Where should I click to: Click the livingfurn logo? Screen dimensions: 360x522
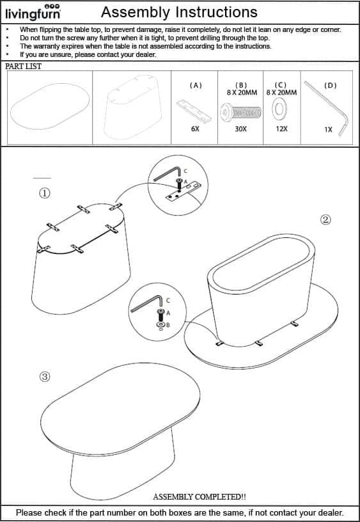click(33, 13)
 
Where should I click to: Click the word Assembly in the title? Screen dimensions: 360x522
click(135, 12)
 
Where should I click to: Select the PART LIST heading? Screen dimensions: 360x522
click(23, 67)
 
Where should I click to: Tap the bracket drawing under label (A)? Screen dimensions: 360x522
click(194, 111)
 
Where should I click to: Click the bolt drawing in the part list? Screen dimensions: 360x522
click(240, 112)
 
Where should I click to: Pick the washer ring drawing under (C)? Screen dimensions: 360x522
click(279, 109)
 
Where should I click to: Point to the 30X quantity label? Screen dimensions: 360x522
click(240, 129)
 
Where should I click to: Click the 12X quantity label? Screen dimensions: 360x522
click(281, 129)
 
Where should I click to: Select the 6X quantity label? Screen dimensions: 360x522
click(195, 129)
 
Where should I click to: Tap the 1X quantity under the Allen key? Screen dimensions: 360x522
click(329, 129)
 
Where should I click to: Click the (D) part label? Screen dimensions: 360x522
click(330, 86)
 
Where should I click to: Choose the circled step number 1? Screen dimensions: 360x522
click(45, 193)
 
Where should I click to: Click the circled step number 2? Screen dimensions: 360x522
click(325, 219)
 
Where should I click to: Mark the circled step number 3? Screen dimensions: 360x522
click(45, 377)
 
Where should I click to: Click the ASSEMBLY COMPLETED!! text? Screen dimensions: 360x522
click(200, 496)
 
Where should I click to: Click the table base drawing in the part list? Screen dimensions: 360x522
click(132, 107)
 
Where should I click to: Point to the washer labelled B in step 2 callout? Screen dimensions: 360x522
click(160, 324)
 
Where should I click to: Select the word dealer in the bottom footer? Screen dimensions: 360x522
click(330, 512)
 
